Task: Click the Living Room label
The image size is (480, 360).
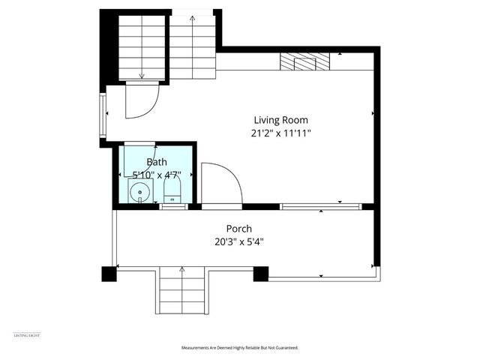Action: point(280,120)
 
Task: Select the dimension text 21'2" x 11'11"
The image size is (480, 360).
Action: point(280,134)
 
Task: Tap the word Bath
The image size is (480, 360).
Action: point(157,161)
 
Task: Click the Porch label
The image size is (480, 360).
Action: point(239,229)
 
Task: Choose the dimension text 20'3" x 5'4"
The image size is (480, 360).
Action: point(239,241)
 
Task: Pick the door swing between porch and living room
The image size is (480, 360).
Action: point(220,184)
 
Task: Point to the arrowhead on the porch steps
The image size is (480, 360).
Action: point(181,268)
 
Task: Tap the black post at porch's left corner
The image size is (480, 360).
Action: point(109,274)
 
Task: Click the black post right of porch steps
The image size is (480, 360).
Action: point(260,274)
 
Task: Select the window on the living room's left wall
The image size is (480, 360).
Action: point(103,114)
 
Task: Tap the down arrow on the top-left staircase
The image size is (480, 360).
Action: point(141,75)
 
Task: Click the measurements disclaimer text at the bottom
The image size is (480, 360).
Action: point(239,348)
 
